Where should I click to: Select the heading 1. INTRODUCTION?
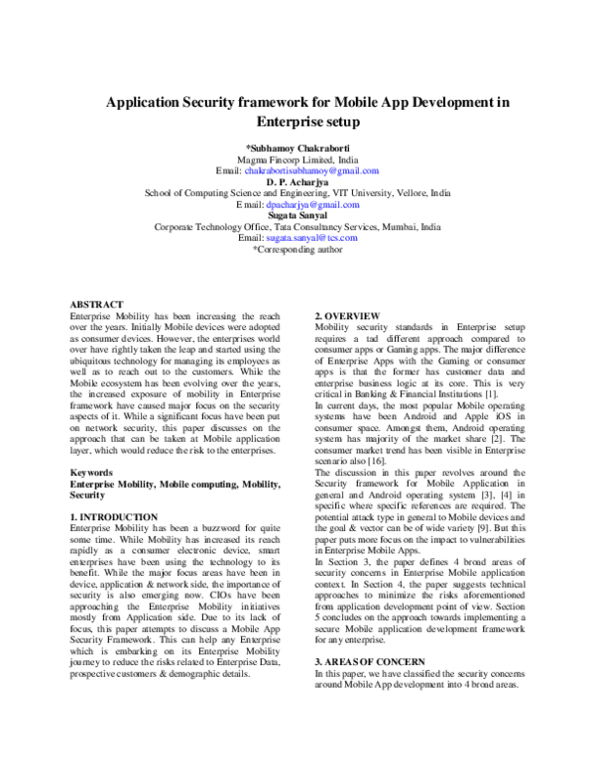tap(114, 517)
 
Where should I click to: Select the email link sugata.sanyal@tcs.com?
tap(318, 238)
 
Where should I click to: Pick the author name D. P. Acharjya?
tap(297, 182)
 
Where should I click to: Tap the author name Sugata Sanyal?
tap(297, 215)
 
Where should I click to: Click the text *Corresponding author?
tap(297, 250)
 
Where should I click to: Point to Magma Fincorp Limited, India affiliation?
tap(297, 160)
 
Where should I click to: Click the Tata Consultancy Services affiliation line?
tap(297, 227)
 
